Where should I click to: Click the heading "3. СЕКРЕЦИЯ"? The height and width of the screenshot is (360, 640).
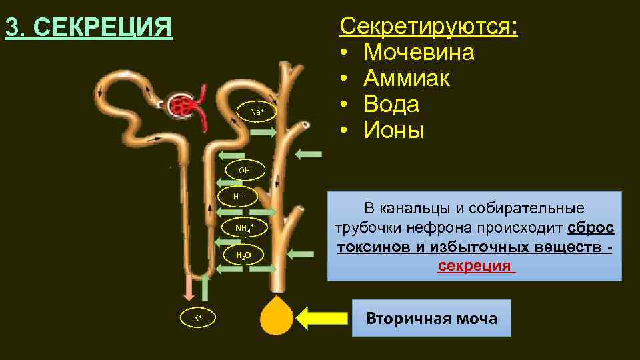click(x=88, y=28)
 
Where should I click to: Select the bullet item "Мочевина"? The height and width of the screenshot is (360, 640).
click(x=419, y=53)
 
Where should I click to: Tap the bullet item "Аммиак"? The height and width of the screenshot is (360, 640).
click(x=407, y=79)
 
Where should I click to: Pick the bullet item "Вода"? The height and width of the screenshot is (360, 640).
click(x=391, y=105)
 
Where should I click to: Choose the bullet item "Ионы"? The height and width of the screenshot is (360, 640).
click(x=393, y=131)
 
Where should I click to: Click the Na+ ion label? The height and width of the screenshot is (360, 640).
click(x=257, y=111)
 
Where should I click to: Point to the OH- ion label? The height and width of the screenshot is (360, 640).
click(x=245, y=170)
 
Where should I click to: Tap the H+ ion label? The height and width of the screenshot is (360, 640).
click(x=237, y=197)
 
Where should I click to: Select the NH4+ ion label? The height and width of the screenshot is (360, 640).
click(x=244, y=229)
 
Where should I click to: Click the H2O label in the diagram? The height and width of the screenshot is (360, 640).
click(x=243, y=255)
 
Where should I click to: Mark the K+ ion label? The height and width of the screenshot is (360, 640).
click(x=198, y=318)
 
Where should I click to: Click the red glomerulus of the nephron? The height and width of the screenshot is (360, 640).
click(x=182, y=105)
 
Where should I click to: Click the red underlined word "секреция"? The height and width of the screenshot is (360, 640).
click(x=476, y=266)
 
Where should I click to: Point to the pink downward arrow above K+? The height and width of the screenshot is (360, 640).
click(x=189, y=287)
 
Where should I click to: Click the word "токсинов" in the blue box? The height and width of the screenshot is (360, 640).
click(x=369, y=247)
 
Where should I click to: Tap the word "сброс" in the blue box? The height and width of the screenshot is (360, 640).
click(x=591, y=227)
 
